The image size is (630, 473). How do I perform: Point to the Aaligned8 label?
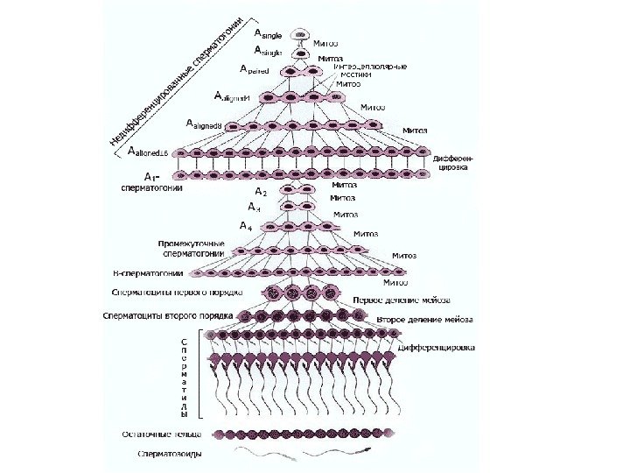(206, 124)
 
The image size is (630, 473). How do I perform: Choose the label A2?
(260, 190)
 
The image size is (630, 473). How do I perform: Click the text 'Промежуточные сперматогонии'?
(191, 248)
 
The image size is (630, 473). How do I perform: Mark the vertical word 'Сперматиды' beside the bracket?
(185, 377)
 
